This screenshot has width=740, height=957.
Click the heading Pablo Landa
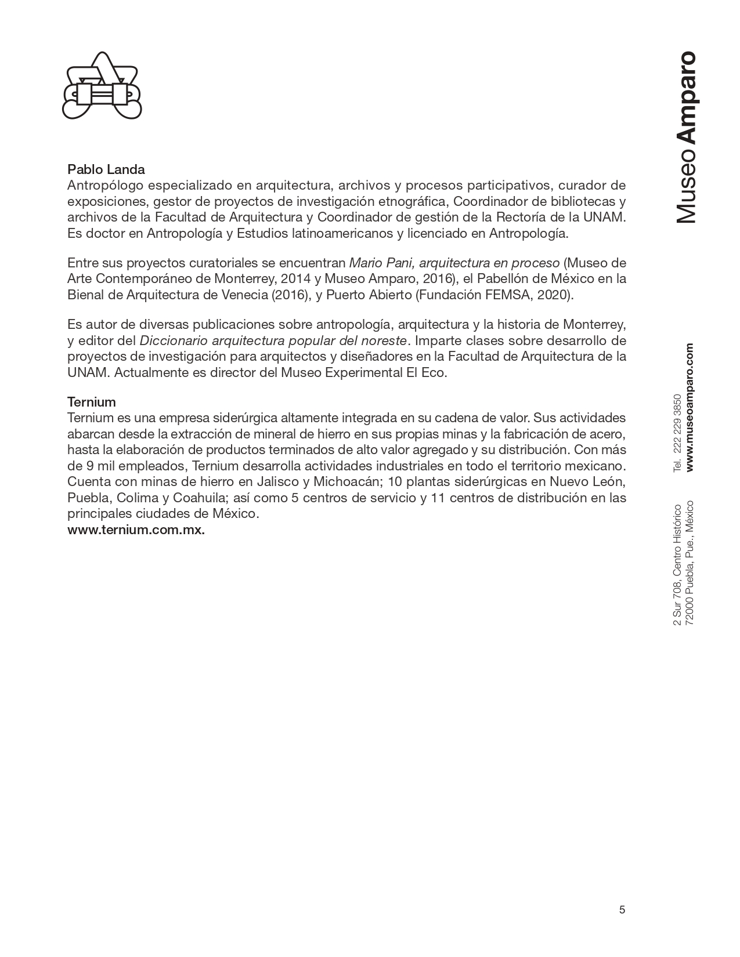click(x=106, y=170)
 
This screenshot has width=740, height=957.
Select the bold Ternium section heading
click(x=92, y=402)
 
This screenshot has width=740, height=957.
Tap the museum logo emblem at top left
click(x=102, y=85)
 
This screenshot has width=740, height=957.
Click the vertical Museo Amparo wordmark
click(x=687, y=137)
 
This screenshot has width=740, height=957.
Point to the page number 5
click(x=622, y=909)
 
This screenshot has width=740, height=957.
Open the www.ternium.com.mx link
click(x=136, y=530)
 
